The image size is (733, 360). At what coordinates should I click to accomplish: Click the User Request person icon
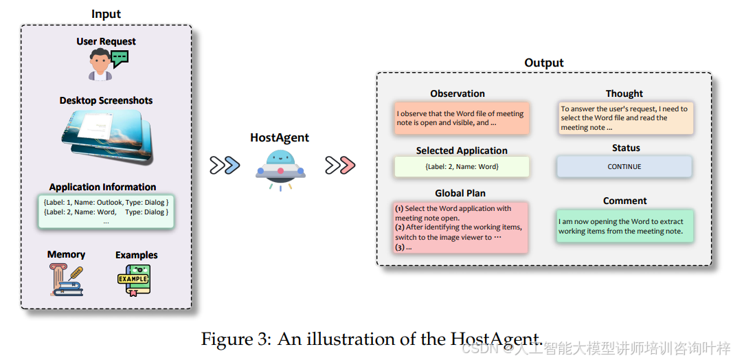(x=100, y=65)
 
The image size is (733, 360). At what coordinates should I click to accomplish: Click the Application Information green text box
(x=106, y=212)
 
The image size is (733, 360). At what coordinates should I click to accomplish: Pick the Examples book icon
(x=134, y=280)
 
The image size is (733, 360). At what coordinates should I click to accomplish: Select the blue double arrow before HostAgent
(x=225, y=165)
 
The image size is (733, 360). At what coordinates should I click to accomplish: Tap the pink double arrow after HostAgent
(x=340, y=165)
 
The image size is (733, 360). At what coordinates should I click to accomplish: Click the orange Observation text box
(x=462, y=118)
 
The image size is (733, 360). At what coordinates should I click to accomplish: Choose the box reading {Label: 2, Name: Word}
(x=462, y=166)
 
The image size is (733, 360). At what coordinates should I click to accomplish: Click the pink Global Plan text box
(x=461, y=227)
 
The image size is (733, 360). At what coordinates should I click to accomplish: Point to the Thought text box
(x=626, y=117)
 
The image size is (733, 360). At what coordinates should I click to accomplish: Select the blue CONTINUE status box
(x=624, y=166)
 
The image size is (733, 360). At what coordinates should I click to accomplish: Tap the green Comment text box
(x=624, y=226)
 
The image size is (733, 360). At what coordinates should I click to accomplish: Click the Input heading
(x=106, y=14)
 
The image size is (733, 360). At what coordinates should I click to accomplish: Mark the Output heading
(x=544, y=63)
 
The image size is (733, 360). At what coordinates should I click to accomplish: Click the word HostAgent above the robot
(x=280, y=137)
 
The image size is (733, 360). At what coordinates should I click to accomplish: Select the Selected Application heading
(x=462, y=150)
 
